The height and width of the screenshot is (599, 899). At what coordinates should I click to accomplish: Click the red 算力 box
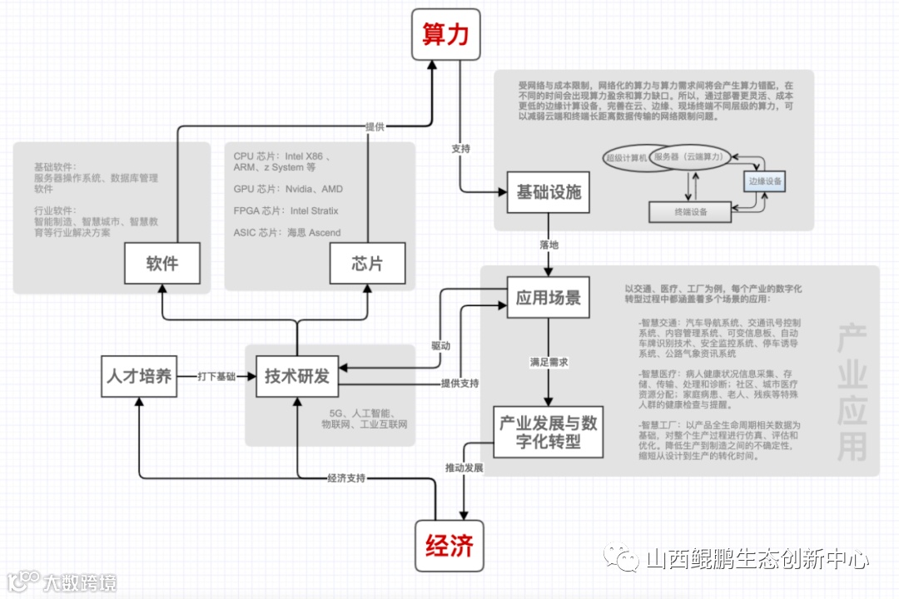(x=446, y=35)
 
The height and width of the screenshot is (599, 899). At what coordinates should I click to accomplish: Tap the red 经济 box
(x=449, y=546)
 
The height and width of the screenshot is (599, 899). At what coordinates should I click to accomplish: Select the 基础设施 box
(x=549, y=192)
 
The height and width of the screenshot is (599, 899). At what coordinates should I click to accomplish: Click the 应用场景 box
(x=549, y=297)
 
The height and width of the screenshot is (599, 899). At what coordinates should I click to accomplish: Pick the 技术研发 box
(x=297, y=375)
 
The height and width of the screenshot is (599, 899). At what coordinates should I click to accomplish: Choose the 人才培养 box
(x=139, y=375)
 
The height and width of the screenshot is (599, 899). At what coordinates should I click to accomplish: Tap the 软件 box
(x=162, y=264)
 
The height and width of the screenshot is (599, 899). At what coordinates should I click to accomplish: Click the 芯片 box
(x=367, y=264)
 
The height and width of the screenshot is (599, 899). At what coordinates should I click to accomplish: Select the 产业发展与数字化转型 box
(x=548, y=432)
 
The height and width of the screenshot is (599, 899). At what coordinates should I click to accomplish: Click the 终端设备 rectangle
(x=690, y=212)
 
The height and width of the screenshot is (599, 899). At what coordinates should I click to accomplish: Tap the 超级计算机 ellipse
(x=628, y=157)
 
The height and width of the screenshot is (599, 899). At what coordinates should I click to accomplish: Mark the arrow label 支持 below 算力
(x=460, y=149)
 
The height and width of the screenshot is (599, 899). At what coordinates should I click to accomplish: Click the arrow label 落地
(x=549, y=245)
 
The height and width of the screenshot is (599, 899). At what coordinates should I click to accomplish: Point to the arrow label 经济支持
(x=346, y=478)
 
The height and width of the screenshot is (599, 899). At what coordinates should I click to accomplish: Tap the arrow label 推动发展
(x=464, y=468)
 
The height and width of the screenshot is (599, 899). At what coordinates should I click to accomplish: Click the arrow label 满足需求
(x=549, y=363)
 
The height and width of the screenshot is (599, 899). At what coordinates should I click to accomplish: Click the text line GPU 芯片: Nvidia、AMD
(x=288, y=189)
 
